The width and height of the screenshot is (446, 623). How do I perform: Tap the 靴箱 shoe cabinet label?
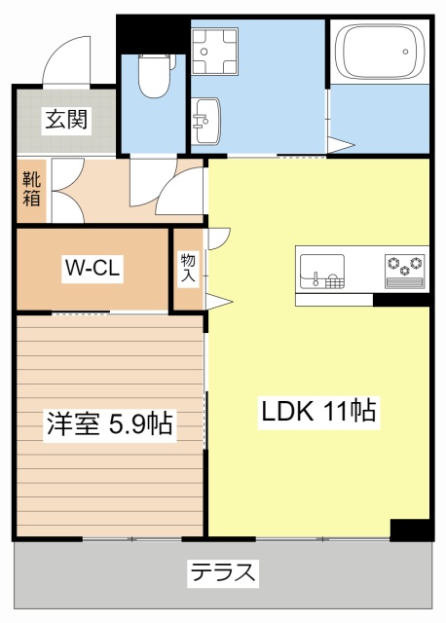(x=31, y=189)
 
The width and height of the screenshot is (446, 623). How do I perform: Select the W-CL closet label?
(x=93, y=270)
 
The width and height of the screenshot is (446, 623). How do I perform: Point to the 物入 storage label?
(x=187, y=269)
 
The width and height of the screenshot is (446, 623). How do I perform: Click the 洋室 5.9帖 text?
(x=109, y=424)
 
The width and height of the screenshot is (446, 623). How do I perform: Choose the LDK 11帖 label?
(x=317, y=411)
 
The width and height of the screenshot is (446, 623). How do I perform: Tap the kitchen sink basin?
(x=321, y=271)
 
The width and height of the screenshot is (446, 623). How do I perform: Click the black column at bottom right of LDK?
(x=410, y=530)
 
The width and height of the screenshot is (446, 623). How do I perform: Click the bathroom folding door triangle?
(x=339, y=146)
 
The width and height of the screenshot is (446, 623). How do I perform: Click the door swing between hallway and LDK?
(x=182, y=190)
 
